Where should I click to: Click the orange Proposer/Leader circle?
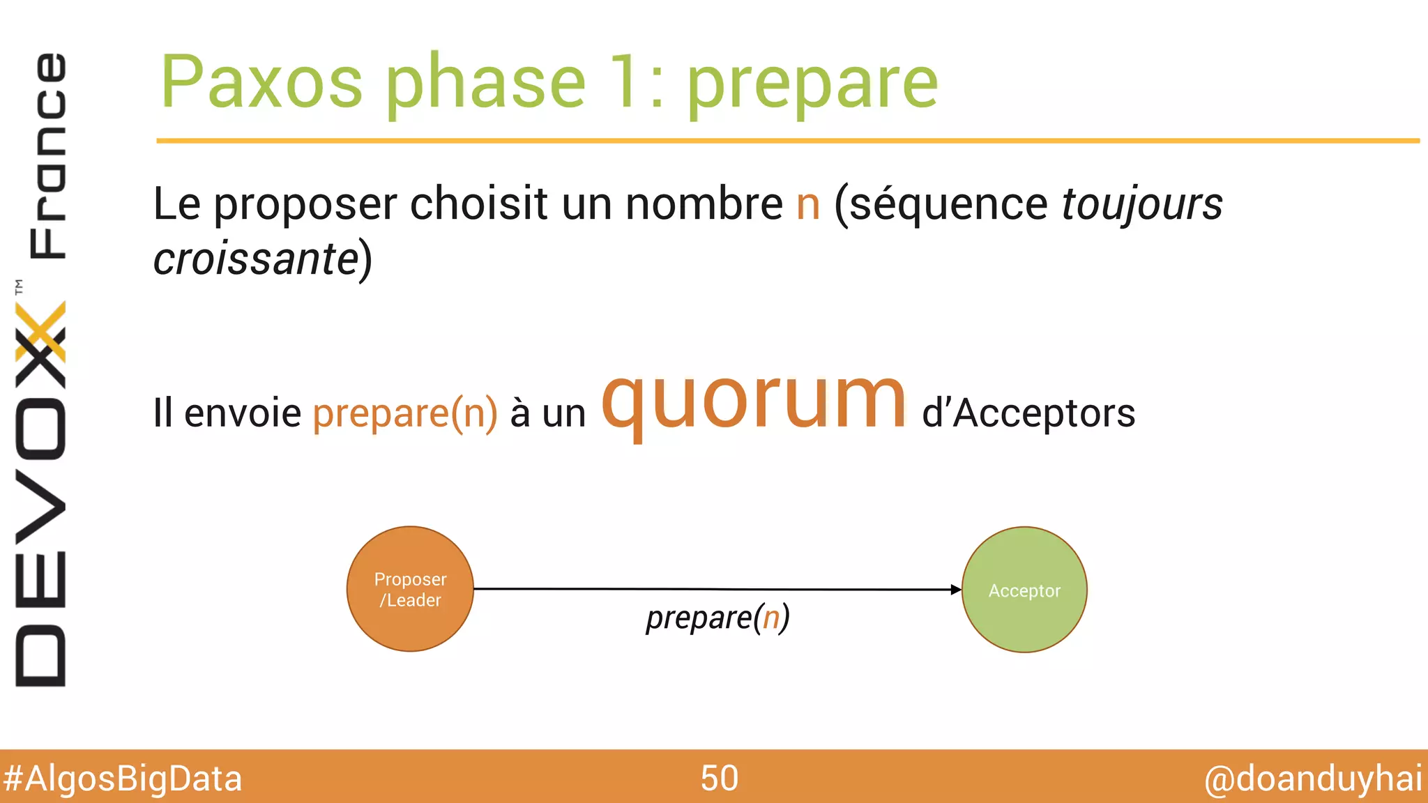click(x=410, y=589)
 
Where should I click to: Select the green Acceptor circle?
click(x=1024, y=590)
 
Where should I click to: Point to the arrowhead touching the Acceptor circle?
click(x=956, y=590)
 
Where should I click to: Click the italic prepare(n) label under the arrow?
click(x=717, y=618)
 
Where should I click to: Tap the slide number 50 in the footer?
click(x=719, y=778)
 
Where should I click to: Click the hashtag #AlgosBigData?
click(x=123, y=779)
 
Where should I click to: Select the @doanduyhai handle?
click(x=1313, y=779)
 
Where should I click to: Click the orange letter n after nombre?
click(x=808, y=204)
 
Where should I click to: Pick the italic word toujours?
click(x=1141, y=204)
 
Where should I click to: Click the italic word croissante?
click(x=256, y=259)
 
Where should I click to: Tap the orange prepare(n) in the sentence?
click(x=405, y=413)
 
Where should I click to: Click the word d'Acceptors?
click(x=1028, y=413)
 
